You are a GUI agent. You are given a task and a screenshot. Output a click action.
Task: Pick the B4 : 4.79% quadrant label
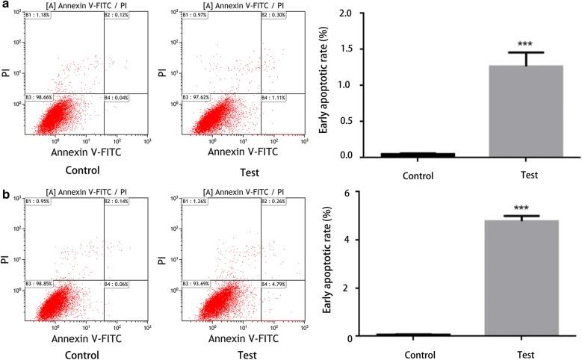click(x=276, y=285)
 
